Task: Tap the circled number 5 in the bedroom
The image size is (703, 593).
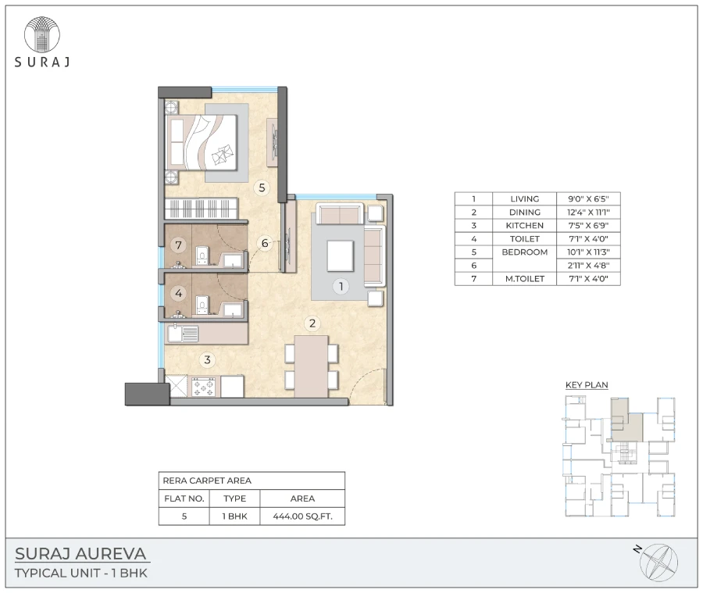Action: click(262, 188)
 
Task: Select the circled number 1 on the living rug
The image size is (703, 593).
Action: click(341, 287)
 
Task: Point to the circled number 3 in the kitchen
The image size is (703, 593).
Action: click(207, 360)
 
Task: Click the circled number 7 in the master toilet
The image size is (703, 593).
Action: click(179, 245)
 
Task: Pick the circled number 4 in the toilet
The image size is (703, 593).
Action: click(179, 295)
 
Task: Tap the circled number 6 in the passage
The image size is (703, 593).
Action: click(265, 244)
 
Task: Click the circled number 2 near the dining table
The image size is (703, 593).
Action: click(311, 323)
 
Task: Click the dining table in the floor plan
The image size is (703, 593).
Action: click(311, 365)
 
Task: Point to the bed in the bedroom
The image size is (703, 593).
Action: click(205, 142)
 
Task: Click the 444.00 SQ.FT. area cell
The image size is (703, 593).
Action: click(302, 516)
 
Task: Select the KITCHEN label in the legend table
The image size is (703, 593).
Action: click(524, 225)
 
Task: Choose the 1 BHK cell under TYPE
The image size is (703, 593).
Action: click(234, 516)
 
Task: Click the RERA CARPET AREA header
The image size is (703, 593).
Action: click(206, 481)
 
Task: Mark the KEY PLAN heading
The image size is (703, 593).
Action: click(586, 384)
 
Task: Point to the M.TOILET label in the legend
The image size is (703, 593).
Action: click(524, 278)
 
